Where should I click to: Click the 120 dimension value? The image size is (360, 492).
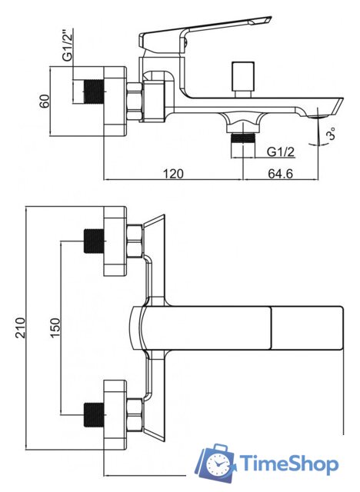173,173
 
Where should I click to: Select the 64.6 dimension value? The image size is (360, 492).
280,173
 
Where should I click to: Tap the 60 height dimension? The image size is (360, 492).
45,101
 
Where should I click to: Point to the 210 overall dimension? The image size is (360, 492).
21,327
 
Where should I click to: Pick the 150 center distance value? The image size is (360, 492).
55,328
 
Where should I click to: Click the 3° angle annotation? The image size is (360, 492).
331,133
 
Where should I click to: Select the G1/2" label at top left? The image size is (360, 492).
67,44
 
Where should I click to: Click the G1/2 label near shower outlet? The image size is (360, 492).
281,152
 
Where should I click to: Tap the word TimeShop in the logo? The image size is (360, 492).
289,464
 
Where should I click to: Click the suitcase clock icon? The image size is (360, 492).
217,463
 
